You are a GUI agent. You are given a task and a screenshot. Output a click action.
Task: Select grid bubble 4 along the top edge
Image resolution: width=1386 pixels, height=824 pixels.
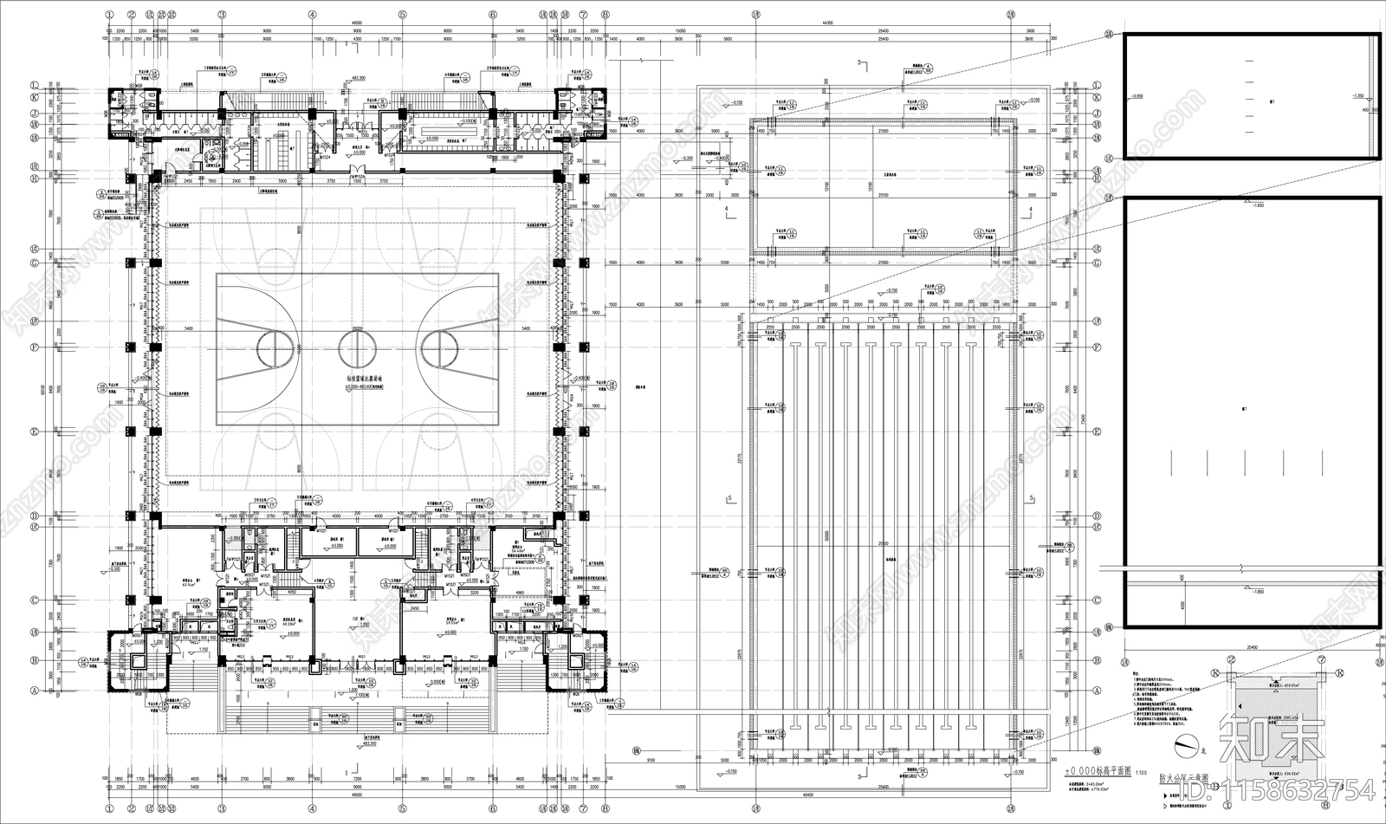click(311, 15)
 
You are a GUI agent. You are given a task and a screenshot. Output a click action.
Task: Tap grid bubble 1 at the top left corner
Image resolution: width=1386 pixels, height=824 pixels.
click(109, 15)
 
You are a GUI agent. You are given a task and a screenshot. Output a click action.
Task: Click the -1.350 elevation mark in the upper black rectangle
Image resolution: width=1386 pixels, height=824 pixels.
click(1357, 96)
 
